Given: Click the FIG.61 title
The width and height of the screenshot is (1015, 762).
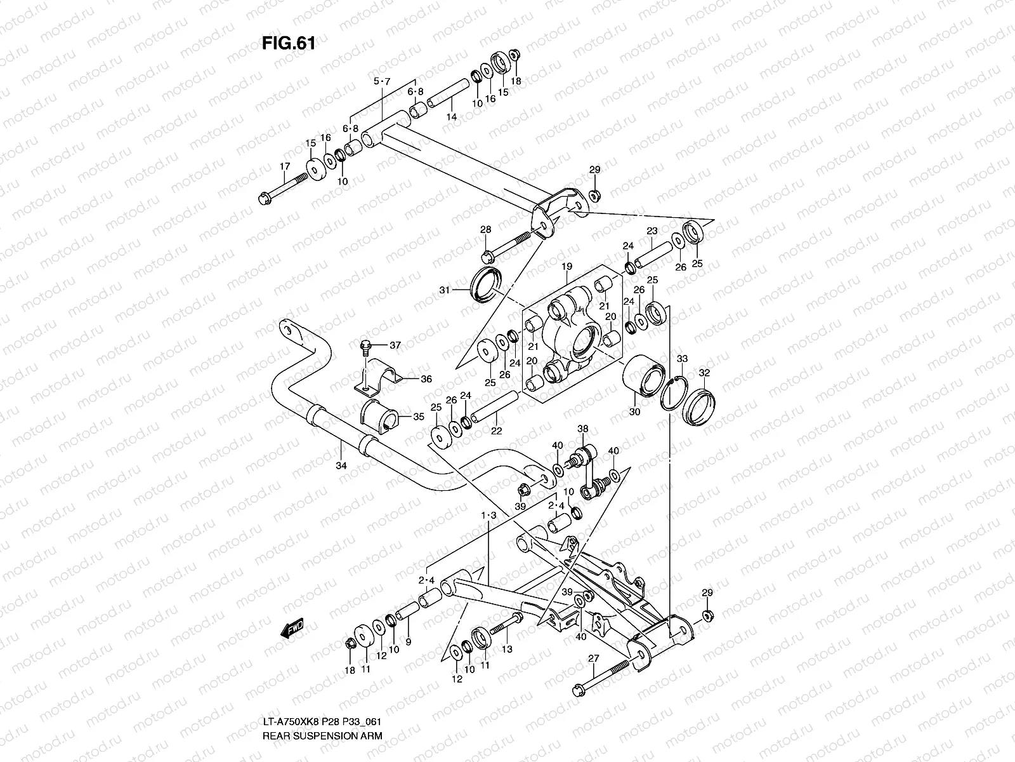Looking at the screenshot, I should pos(288,43).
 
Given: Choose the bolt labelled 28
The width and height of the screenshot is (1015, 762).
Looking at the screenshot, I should pos(507,248).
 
